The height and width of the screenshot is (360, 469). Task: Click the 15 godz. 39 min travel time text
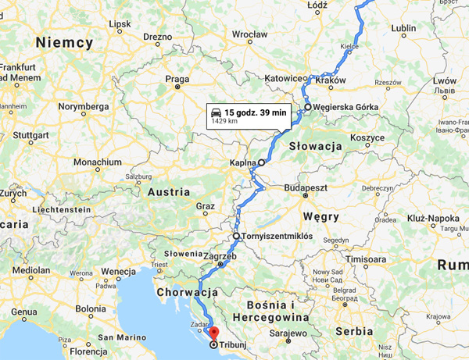coord(256,113)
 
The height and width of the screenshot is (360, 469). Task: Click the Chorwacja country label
coord(186,291)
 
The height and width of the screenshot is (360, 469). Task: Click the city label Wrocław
coord(249,34)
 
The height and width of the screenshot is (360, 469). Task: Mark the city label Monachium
coord(97,162)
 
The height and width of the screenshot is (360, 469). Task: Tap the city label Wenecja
coord(119,271)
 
